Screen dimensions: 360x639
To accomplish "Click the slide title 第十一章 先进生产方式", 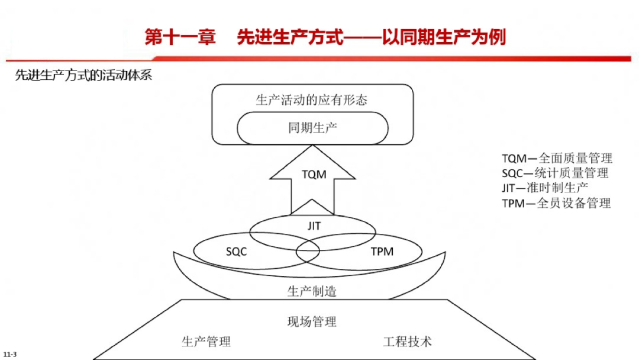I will click(325, 38).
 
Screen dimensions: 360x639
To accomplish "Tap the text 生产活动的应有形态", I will click(312, 99).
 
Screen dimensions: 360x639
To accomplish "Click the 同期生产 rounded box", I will click(312, 128).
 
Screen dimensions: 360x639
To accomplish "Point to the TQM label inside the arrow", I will click(314, 175).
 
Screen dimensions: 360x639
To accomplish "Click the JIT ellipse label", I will click(314, 226).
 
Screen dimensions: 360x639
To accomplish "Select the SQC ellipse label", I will click(236, 252).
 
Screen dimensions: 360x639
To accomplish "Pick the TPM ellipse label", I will click(382, 252).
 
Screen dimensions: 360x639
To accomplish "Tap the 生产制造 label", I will click(312, 291).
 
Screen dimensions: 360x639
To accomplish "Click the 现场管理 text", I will click(312, 322).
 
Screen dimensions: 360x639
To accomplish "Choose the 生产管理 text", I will click(206, 341).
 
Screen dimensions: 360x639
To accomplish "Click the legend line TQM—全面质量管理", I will click(557, 158).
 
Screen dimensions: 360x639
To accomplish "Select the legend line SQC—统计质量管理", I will click(554, 173).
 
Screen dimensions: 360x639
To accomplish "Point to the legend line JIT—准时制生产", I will click(544, 188).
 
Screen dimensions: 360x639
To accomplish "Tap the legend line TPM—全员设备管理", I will click(556, 203).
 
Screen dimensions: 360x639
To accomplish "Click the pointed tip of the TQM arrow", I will click(312, 147).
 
